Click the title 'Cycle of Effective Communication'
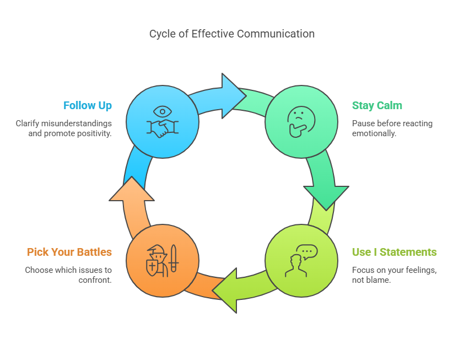coord(231,34)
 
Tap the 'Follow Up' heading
coord(88,105)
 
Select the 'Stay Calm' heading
coord(377,105)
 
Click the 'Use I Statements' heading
coord(394,252)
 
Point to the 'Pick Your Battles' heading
coord(69,252)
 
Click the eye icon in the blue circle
coord(163,112)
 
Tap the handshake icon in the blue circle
coord(163,128)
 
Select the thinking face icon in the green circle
coord(301,122)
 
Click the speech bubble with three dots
coord(307,252)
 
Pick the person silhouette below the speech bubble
coord(296,266)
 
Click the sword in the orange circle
coord(174,259)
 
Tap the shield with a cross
coord(152,267)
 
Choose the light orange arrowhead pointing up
coord(132,189)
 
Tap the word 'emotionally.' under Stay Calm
coord(374,133)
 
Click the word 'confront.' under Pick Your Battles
coord(95,280)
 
